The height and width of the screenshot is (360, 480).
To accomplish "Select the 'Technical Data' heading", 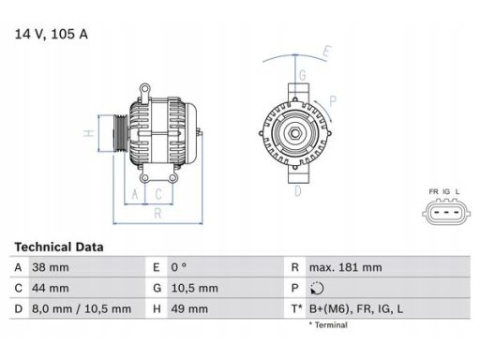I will pos(59,247).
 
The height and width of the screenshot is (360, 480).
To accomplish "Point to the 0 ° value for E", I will pos(181,267).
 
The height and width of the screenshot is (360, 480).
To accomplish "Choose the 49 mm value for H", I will pos(187,308).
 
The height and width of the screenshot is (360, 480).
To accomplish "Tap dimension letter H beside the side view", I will pos(88,133).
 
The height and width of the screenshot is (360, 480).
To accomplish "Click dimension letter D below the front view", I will pos(297,192).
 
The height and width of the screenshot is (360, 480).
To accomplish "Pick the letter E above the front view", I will pos(325,51).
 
